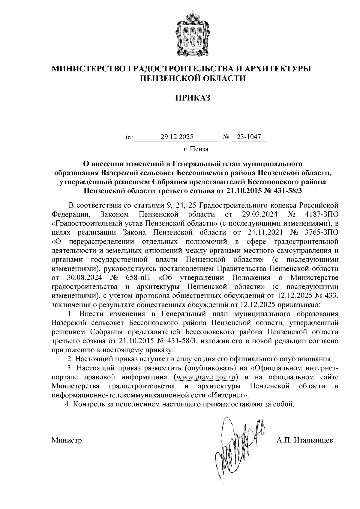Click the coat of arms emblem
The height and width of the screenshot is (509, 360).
(192, 33)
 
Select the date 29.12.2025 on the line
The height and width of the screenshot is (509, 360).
(177, 137)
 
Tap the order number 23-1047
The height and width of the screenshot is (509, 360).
(249, 137)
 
